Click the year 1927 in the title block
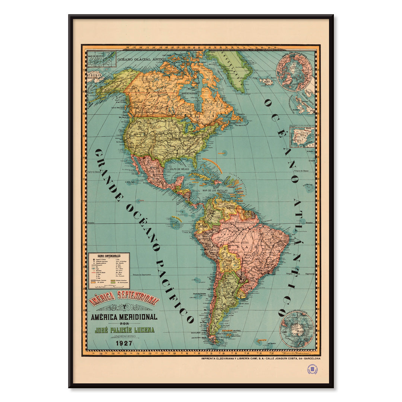[124, 343]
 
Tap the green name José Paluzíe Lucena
[124, 330]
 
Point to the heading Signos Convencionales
[109, 256]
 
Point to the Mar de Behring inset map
[102, 59]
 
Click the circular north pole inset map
[294, 71]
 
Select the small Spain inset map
[302, 137]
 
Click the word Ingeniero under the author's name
[124, 336]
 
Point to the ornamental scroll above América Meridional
[124, 308]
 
